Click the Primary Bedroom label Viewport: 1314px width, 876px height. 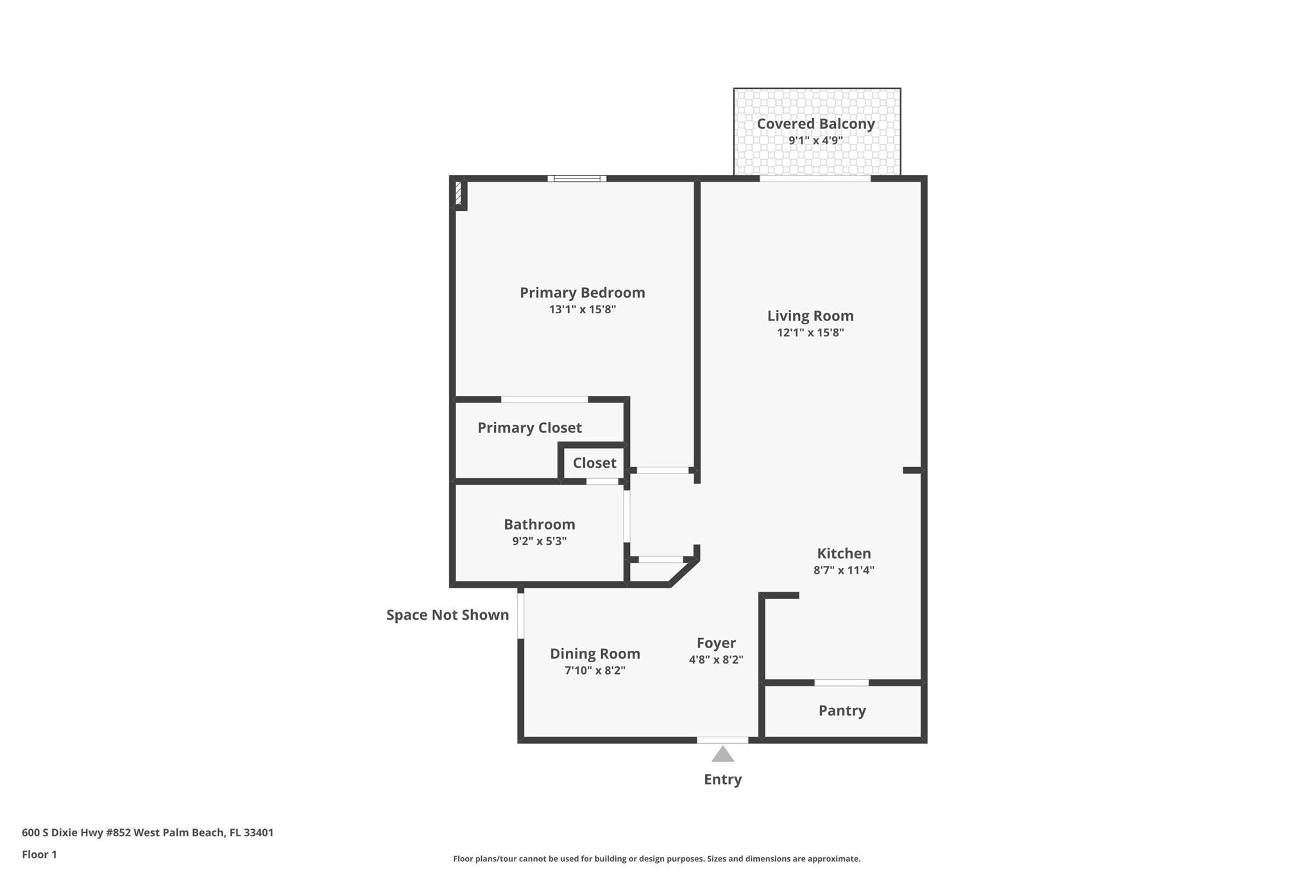[582, 293]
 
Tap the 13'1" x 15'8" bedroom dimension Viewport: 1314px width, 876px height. [582, 309]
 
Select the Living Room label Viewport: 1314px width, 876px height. [810, 316]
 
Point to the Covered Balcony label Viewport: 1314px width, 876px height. [815, 124]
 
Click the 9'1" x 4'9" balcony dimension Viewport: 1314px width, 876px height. [815, 141]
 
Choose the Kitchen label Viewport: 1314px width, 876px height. [844, 553]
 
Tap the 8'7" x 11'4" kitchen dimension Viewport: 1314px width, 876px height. [844, 570]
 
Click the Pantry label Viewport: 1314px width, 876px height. [842, 710]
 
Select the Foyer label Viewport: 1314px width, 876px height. [716, 643]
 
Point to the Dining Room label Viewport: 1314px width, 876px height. [595, 654]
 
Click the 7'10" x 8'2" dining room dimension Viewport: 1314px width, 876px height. [595, 671]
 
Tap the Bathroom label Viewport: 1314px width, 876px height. [539, 524]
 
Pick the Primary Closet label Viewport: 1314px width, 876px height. [529, 428]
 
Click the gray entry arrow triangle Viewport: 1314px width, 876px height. [722, 754]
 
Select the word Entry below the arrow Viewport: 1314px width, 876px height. [722, 780]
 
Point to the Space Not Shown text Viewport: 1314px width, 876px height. [447, 615]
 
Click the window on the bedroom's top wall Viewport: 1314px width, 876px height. [577, 178]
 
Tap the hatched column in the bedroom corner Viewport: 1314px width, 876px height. [458, 194]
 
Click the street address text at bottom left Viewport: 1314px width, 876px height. [148, 833]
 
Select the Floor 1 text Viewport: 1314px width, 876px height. [39, 855]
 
